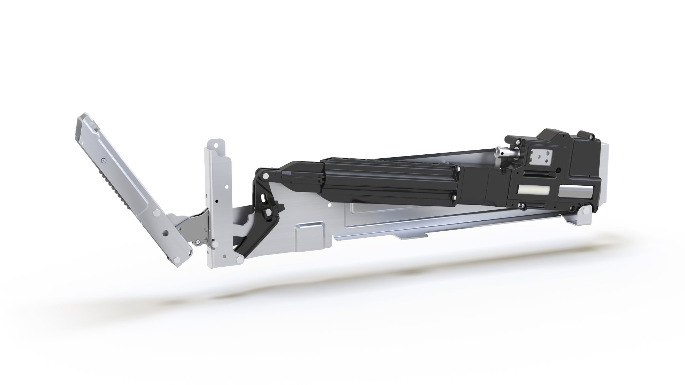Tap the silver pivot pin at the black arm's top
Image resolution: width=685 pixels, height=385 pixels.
pyautogui.click(x=265, y=176)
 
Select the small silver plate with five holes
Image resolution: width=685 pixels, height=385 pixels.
pyautogui.click(x=541, y=157)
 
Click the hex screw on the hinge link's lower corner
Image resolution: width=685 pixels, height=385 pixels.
pyautogui.click(x=197, y=242)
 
